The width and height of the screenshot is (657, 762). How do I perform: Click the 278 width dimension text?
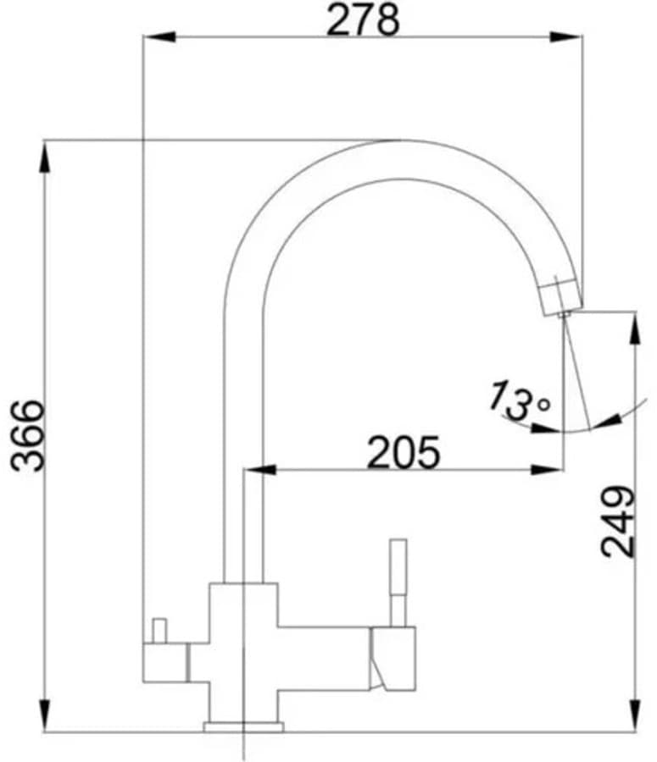coord(363,19)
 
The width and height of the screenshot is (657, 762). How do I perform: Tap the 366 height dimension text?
coord(28,435)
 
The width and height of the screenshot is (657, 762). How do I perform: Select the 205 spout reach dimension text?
coord(404,452)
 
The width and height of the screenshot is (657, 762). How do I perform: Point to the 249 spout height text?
coord(618,522)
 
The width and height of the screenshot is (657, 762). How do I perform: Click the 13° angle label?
coord(519,401)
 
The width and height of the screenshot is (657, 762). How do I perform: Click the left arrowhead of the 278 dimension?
coord(159,36)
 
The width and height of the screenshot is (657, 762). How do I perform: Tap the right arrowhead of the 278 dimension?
coord(566,36)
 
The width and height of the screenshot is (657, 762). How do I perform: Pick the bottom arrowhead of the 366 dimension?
coord(44,715)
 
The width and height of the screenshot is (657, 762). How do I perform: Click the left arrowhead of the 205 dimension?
coord(259,470)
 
